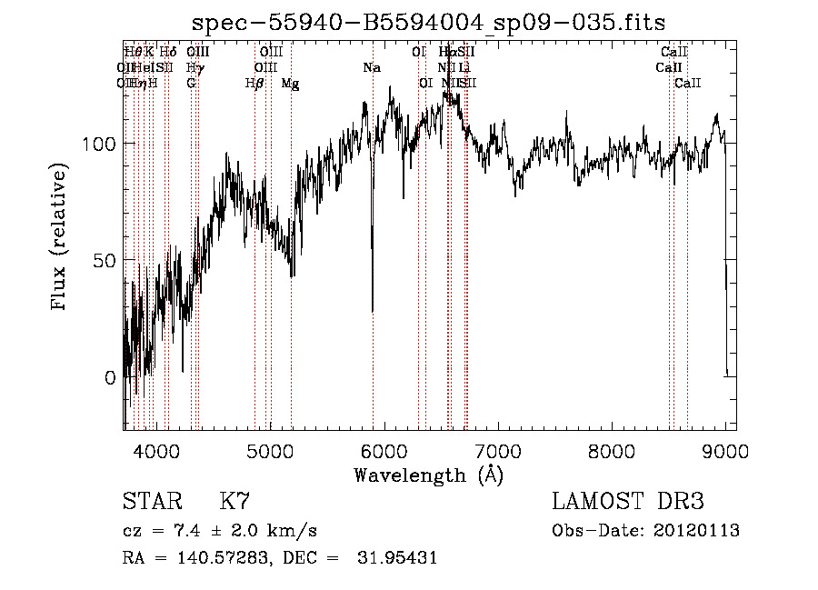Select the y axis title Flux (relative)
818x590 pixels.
61,238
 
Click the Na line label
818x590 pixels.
371,67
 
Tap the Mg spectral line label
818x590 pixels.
290,83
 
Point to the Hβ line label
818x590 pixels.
254,83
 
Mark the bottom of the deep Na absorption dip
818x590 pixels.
373,310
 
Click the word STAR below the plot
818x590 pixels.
148,501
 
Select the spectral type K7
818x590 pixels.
234,501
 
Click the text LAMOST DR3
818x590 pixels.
628,501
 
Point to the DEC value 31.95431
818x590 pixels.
400,558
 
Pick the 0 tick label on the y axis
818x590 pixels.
109,376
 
